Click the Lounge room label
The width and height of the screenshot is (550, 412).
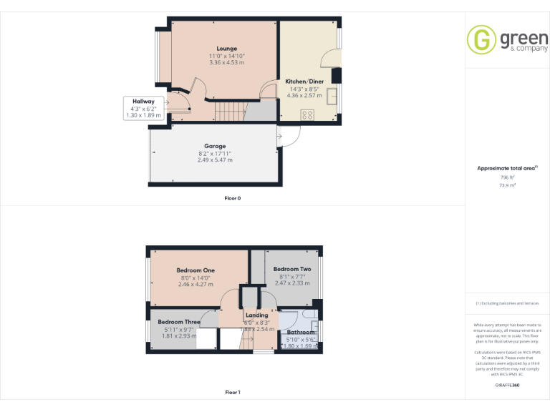[x=227, y=49]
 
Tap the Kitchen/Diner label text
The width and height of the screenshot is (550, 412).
[x=304, y=82]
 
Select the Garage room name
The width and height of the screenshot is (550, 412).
[x=215, y=146]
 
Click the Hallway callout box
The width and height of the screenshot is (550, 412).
[x=143, y=108]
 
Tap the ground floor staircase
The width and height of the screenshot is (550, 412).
[x=230, y=111]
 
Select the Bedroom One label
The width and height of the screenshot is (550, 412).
[x=196, y=270]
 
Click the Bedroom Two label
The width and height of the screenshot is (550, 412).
[x=292, y=269]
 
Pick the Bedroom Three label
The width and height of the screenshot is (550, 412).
[x=179, y=322]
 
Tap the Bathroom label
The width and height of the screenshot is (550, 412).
[x=301, y=333]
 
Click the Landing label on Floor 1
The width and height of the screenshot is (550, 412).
[x=256, y=315]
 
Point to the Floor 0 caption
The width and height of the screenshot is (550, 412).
[x=233, y=198]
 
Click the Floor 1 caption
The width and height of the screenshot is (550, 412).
[x=233, y=392]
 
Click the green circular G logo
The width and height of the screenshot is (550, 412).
[x=481, y=40]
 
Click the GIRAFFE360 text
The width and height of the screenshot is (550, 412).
[x=507, y=386]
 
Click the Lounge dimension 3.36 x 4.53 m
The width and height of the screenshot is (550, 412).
[x=227, y=62]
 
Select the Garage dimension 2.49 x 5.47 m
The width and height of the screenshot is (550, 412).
[x=215, y=160]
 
